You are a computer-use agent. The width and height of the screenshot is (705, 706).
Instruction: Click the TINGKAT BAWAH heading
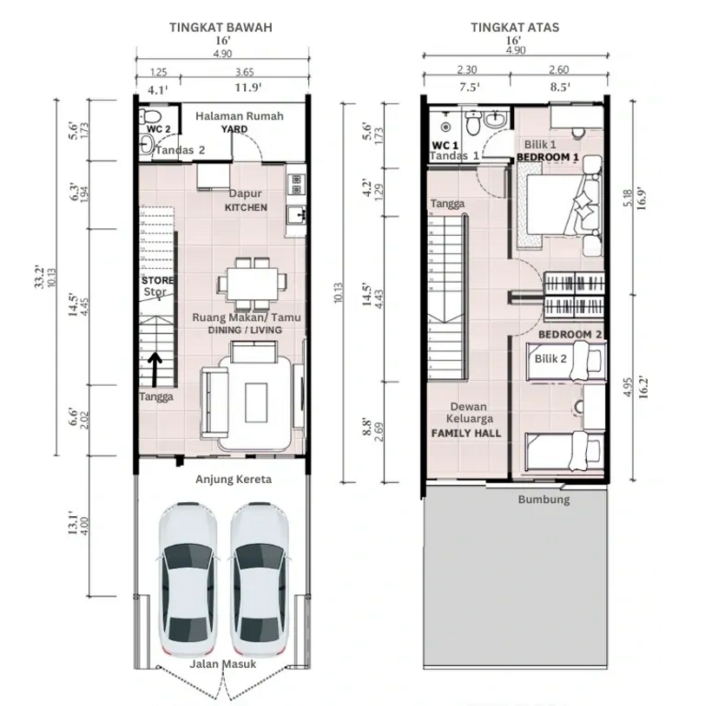tap(221, 27)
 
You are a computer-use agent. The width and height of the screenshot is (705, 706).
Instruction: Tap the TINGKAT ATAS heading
tap(515, 27)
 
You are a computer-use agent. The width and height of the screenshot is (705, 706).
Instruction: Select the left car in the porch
tap(188, 581)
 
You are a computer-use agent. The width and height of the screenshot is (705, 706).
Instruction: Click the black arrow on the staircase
tap(155, 369)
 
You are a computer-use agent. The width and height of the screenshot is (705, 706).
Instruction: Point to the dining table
tap(253, 284)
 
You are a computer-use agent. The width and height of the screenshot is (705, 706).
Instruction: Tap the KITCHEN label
tap(246, 207)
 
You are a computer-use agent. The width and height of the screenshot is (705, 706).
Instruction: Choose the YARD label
tap(234, 129)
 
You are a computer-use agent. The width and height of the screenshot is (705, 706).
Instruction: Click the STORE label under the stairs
tap(157, 280)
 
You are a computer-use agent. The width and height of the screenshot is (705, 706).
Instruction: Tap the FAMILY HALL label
tap(466, 433)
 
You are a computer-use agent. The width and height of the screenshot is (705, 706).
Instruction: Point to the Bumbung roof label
tap(544, 500)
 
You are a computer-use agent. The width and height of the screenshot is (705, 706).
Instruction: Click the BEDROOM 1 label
tap(547, 157)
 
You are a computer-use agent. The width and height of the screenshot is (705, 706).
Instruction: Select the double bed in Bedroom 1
tap(559, 205)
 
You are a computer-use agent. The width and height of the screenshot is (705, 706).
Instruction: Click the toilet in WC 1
tap(473, 123)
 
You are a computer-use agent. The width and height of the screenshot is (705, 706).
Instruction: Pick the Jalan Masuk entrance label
tap(222, 664)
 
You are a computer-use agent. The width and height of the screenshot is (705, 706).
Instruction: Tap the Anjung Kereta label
tap(234, 479)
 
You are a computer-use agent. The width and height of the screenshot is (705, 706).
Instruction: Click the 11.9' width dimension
tap(248, 88)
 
